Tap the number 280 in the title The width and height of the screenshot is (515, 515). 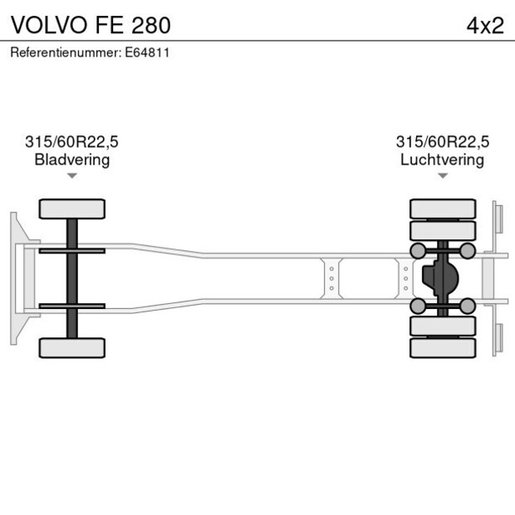pyautogui.click(x=150, y=24)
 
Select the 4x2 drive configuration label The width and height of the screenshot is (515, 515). pyautogui.click(x=485, y=24)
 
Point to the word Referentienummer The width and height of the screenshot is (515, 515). pyautogui.click(x=65, y=52)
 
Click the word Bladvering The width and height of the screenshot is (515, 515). pyautogui.click(x=71, y=159)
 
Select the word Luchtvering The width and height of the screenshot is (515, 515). pyautogui.click(x=442, y=159)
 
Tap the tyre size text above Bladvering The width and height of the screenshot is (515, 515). pyautogui.click(x=71, y=142)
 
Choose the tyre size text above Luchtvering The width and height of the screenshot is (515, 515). pyautogui.click(x=442, y=142)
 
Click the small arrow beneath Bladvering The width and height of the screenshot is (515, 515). pyautogui.click(x=72, y=175)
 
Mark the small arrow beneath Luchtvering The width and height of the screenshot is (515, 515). pyautogui.click(x=443, y=175)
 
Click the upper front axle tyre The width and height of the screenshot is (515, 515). pyautogui.click(x=72, y=208)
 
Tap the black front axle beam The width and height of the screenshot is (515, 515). pyautogui.click(x=72, y=278)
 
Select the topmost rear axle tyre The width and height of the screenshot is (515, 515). pyautogui.click(x=443, y=208)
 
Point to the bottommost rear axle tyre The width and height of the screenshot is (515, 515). pyautogui.click(x=443, y=348)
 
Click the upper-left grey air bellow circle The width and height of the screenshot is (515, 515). pyautogui.click(x=418, y=250)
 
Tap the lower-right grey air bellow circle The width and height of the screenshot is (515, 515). pyautogui.click(x=468, y=307)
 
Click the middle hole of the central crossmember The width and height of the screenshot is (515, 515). pyautogui.click(x=331, y=278)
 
